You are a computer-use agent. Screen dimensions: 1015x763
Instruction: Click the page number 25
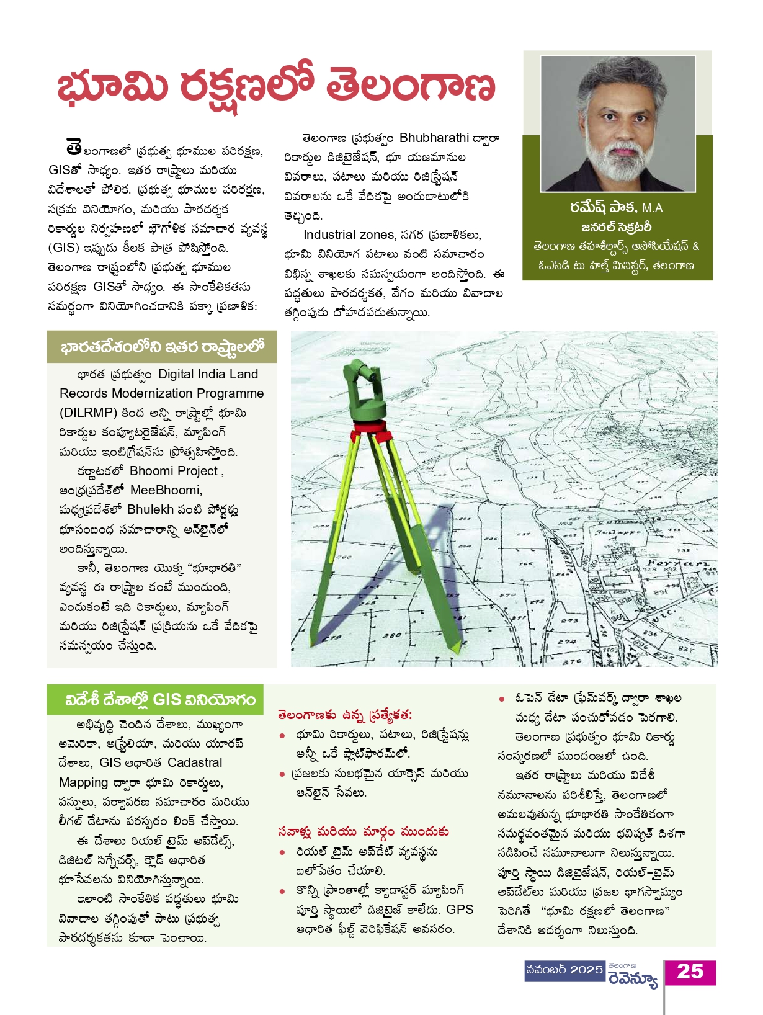690,972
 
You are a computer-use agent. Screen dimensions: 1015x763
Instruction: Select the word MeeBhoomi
166,490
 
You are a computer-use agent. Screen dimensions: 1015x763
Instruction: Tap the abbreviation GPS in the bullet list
460,910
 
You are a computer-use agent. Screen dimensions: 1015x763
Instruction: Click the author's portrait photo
618,123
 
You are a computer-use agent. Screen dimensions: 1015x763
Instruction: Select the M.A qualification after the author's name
653,208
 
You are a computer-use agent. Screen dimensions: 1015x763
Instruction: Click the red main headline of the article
277,86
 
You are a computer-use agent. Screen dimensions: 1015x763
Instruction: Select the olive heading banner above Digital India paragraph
162,347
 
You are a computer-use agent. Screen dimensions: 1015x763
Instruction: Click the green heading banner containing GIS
156,700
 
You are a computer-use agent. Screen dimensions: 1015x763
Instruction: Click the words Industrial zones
349,235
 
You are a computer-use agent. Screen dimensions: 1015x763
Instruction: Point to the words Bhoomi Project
174,471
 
